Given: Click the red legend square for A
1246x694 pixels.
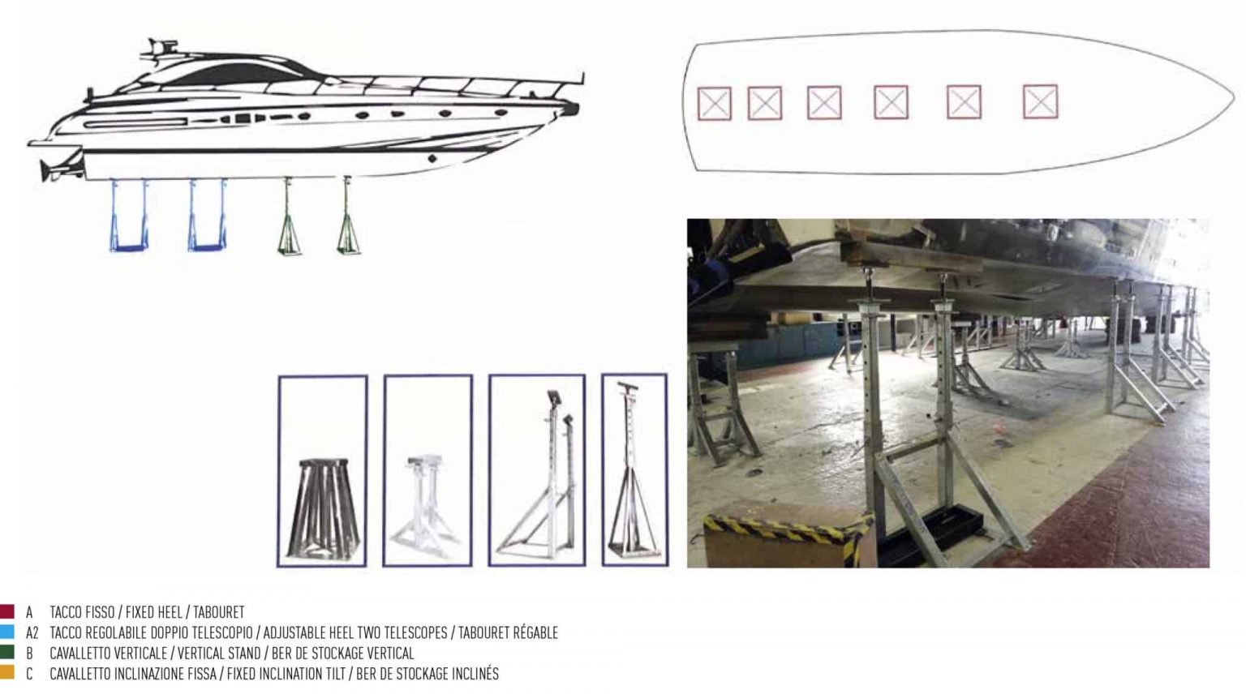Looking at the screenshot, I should (x=6, y=611).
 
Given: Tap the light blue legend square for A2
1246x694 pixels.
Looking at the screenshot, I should (x=6, y=632).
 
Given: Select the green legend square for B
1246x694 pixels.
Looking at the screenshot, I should (x=6, y=652).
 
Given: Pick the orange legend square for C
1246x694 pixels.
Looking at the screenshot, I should (x=6, y=672).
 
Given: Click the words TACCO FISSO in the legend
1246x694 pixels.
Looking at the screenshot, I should (x=82, y=612).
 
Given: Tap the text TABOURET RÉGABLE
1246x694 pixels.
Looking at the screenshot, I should (x=508, y=632).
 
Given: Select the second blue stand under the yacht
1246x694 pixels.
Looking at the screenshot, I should (x=207, y=216).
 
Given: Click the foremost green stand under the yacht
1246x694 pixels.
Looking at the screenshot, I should (x=349, y=219).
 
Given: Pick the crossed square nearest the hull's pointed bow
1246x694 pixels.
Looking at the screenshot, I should (x=1040, y=102).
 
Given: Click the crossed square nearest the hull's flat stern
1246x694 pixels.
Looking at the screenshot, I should (x=714, y=104).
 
